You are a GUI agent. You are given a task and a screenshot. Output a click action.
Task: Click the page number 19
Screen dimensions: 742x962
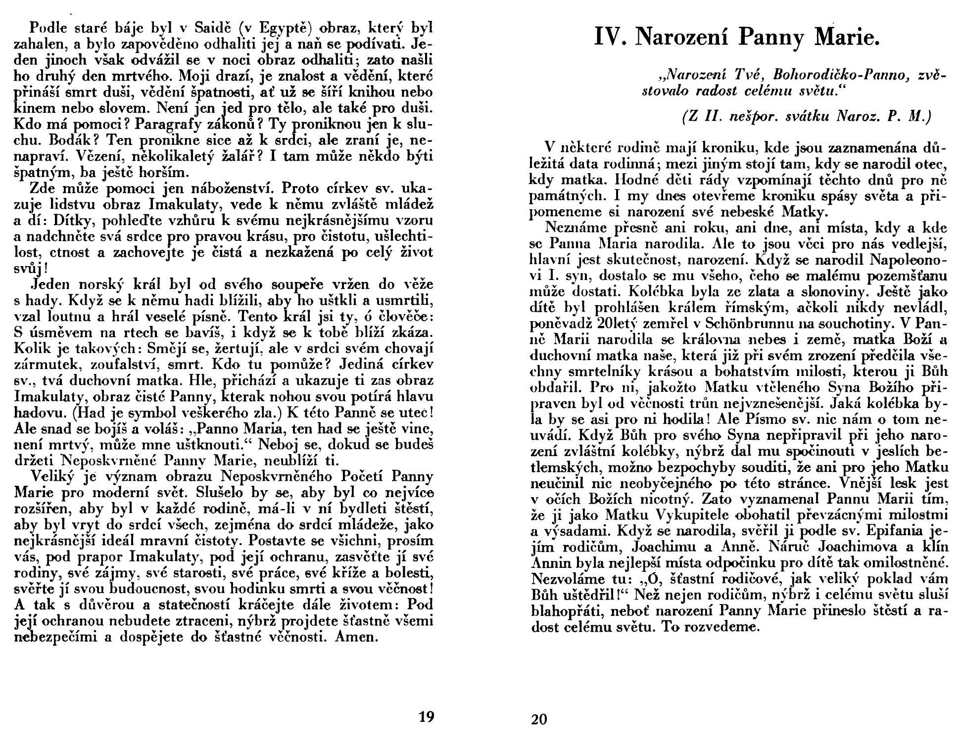click(426, 717)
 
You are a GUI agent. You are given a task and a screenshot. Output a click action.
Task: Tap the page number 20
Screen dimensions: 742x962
click(539, 719)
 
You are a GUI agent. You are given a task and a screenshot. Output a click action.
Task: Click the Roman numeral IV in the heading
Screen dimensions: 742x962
click(609, 38)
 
